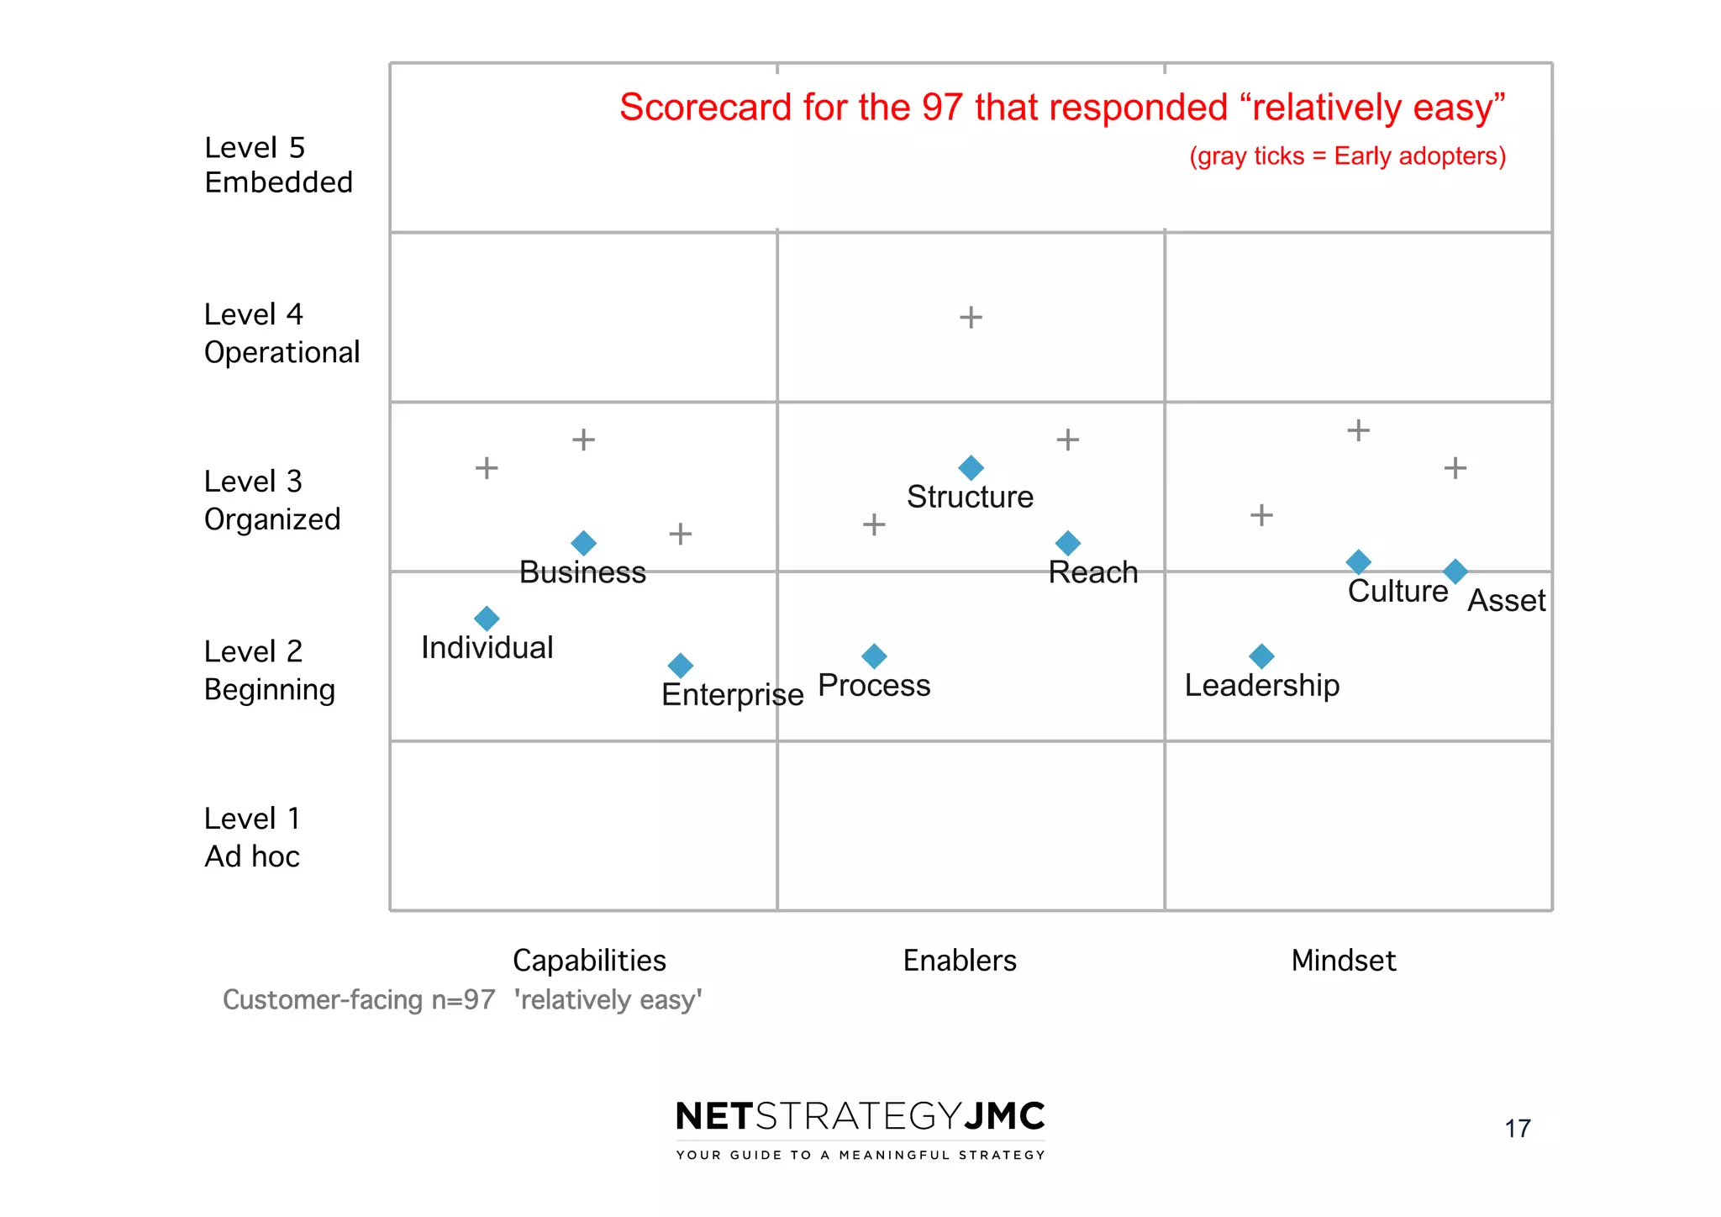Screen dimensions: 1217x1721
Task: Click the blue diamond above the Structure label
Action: tap(971, 467)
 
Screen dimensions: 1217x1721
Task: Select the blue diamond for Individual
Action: tap(487, 619)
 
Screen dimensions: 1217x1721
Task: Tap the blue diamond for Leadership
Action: tap(1261, 656)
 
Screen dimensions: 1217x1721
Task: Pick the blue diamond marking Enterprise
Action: tap(680, 666)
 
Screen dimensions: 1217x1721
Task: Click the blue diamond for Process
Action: tap(874, 656)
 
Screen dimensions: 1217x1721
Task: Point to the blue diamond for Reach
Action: tap(1067, 543)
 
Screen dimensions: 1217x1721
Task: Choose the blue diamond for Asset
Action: tap(1455, 572)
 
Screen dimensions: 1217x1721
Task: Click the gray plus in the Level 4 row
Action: tap(971, 317)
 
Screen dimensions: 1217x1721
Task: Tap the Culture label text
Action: tap(1397, 591)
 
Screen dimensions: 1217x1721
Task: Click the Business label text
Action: tap(582, 572)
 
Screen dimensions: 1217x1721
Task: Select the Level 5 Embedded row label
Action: tap(277, 165)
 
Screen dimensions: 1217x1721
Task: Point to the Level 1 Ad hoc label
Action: tap(252, 837)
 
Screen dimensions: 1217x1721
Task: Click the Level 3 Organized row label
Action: tap(271, 500)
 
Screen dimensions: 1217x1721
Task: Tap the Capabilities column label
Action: tap(589, 960)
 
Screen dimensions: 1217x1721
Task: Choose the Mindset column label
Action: tap(1343, 960)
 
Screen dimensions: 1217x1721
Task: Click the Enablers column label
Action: tap(960, 960)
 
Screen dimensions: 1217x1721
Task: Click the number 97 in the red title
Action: tap(942, 108)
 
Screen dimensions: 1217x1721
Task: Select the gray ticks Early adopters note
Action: tap(1347, 156)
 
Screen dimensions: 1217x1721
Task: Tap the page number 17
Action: tap(1517, 1128)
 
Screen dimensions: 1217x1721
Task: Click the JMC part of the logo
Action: tap(1005, 1116)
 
